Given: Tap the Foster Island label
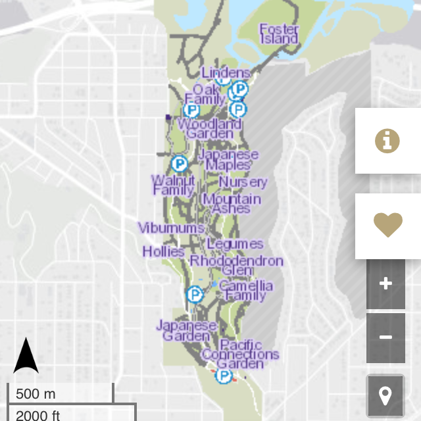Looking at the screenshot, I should click(279, 34).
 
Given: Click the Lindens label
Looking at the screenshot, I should click(226, 73).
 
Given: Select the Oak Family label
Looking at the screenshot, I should click(205, 94).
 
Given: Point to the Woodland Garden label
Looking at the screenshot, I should click(209, 128).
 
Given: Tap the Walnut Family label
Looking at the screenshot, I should click(173, 185).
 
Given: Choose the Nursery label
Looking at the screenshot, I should click(243, 182).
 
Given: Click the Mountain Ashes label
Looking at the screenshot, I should click(232, 203).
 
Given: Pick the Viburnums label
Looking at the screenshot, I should click(171, 228).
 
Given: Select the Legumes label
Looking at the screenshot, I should click(235, 244).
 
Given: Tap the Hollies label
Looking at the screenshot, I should click(163, 251).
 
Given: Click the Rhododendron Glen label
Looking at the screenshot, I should click(237, 265).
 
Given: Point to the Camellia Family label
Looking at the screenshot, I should click(245, 290).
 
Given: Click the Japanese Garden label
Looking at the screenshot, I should click(186, 330).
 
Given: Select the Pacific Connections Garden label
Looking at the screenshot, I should click(240, 355).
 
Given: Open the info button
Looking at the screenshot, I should click(387, 141).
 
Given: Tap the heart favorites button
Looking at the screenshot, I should click(387, 226).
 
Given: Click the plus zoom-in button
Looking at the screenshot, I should click(385, 284).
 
